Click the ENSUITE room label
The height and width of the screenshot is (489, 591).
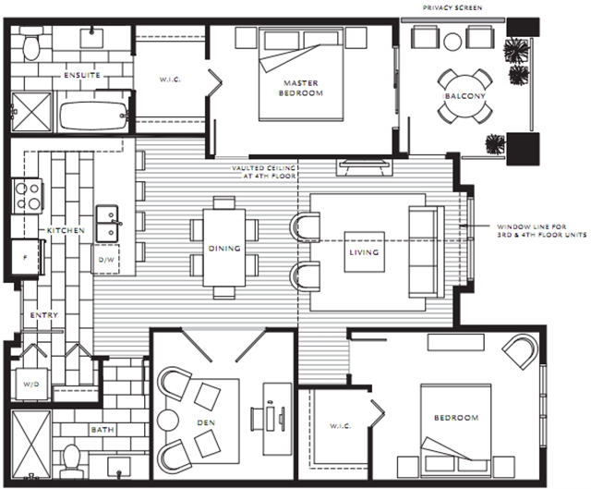[x=82, y=75]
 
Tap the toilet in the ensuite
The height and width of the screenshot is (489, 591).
[x=30, y=46]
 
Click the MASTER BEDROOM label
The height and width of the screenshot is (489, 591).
[x=301, y=88]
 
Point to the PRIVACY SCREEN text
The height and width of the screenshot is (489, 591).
[x=452, y=7]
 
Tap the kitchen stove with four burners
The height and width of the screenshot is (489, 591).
[x=27, y=196]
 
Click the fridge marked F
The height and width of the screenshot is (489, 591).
[x=25, y=257]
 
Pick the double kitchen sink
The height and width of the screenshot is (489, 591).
[x=107, y=224]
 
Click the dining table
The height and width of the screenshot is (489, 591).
[x=224, y=248]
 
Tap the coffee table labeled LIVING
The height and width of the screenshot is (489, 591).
[x=365, y=251]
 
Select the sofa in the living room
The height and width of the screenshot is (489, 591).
[x=427, y=251]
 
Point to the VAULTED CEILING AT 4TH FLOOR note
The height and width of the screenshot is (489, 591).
[x=264, y=172]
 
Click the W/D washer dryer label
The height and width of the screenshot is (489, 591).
[x=30, y=385]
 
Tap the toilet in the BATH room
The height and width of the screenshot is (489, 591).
[x=70, y=461]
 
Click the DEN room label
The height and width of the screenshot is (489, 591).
[x=206, y=422]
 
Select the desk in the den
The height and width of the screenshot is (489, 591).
[x=277, y=419]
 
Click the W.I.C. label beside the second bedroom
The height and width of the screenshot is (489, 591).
[x=341, y=426]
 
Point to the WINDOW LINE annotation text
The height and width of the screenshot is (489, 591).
[x=542, y=230]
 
